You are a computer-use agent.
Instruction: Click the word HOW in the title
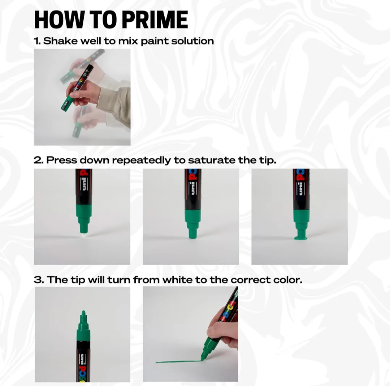click(x=54, y=20)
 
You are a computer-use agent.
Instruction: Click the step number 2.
click(x=38, y=160)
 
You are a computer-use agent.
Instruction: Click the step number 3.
click(x=38, y=280)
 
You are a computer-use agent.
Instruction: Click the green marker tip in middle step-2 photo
click(x=192, y=235)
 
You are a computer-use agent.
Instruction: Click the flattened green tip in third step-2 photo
click(x=300, y=237)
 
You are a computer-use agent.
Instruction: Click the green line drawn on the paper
click(x=177, y=361)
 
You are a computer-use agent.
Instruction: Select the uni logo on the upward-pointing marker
click(x=83, y=358)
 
